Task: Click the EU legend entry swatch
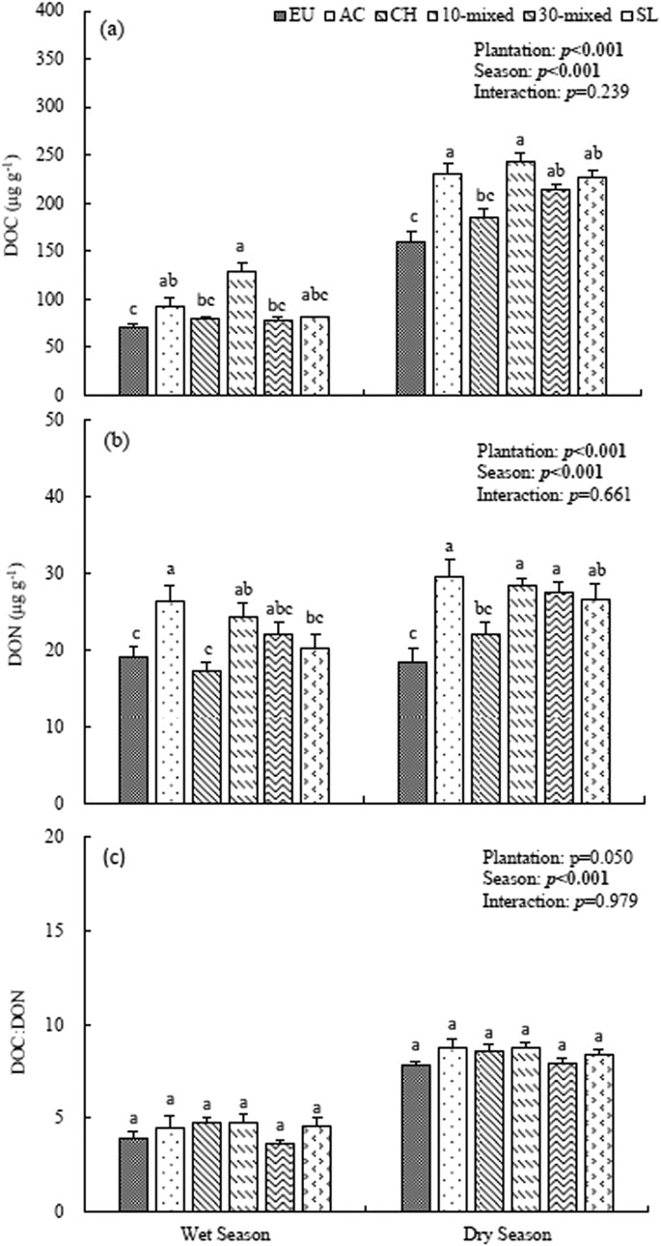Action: [x=278, y=15]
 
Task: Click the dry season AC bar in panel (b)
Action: [x=449, y=689]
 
